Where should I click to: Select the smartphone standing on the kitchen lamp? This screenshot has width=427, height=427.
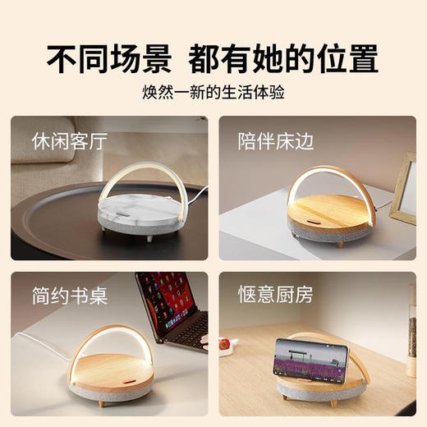tap(312, 362)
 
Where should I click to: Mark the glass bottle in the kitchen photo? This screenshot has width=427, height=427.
tap(411, 328)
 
